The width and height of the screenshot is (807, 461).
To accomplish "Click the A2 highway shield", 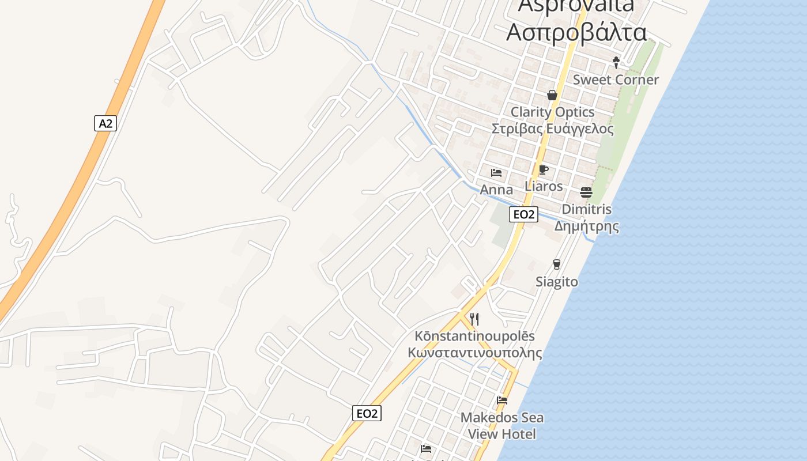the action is (105, 123).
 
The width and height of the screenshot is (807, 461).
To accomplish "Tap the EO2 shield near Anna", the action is (524, 214).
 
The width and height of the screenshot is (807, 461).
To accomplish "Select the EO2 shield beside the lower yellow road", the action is (367, 413).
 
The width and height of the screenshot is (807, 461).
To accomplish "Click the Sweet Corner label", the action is (615, 80).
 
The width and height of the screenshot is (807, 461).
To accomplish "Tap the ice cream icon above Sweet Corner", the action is (616, 62).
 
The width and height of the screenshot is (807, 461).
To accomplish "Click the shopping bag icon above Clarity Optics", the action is (552, 95).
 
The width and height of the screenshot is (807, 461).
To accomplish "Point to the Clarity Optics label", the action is (552, 112).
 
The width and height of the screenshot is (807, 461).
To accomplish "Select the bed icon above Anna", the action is (496, 172).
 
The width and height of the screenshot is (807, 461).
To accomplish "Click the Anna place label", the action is (496, 190).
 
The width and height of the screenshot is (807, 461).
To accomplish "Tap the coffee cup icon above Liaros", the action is (543, 169).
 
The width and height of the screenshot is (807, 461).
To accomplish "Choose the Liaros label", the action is (544, 186).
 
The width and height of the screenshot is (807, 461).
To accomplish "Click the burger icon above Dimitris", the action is (586, 192).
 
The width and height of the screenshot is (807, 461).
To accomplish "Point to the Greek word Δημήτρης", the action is (587, 226).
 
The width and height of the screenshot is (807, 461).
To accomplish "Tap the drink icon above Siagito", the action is (556, 264).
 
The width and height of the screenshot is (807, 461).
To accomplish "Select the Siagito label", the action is (556, 282).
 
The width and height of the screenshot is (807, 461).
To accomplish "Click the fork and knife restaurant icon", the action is (474, 319).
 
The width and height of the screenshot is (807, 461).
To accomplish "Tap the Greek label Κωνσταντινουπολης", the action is (474, 353).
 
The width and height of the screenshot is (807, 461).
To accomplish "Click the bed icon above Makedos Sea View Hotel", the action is (502, 400).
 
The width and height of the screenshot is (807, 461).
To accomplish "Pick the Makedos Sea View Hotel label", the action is (501, 425).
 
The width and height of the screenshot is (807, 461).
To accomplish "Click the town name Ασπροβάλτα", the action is (576, 32).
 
